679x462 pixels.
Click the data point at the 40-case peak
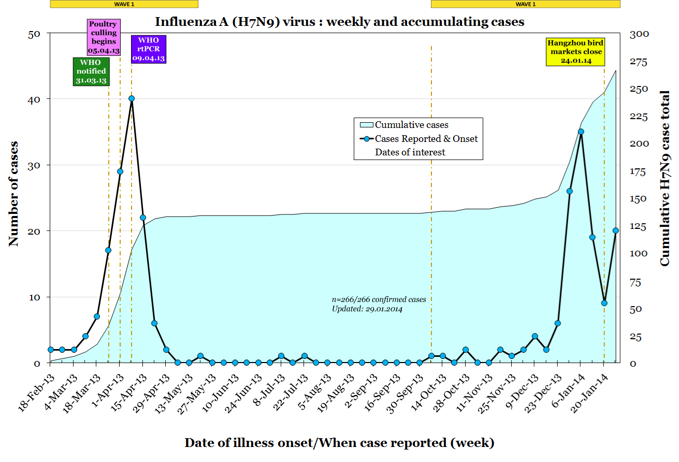pos(132,98)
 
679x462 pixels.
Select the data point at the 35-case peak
pos(581,132)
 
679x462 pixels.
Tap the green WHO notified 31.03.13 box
pos(91,71)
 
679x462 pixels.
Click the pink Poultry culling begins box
pos(104,37)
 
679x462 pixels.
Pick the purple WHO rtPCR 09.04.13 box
pos(149,49)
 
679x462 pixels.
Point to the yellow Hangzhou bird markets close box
pos(575,52)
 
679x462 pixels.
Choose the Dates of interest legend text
pos(410,152)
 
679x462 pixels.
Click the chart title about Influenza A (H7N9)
pos(339,22)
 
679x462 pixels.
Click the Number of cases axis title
pos(14,194)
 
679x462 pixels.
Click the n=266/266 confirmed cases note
pos(379,299)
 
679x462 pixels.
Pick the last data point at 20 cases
pos(616,230)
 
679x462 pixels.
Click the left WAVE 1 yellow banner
pos(124,4)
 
